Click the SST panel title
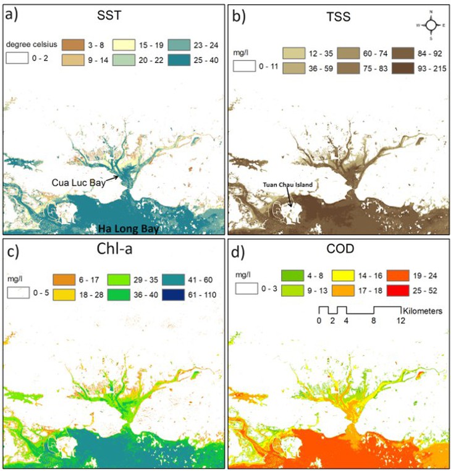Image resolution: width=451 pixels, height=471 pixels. (x=109, y=15)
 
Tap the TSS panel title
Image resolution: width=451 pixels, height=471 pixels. (x=339, y=17)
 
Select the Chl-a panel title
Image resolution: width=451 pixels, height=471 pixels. (x=114, y=248)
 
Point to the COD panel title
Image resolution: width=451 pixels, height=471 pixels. (x=340, y=248)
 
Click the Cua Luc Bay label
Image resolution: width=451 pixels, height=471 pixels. (x=78, y=182)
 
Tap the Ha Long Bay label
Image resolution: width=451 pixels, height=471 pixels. (x=129, y=229)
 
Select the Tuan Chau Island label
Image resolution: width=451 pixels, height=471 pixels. (x=288, y=184)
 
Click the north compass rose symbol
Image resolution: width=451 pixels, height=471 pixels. (x=431, y=25)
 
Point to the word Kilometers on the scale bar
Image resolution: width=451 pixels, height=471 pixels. (x=422, y=311)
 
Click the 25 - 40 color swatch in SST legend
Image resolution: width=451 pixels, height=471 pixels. (x=179, y=60)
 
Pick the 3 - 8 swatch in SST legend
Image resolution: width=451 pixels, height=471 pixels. (x=73, y=45)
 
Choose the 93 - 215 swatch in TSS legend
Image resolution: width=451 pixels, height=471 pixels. (x=403, y=68)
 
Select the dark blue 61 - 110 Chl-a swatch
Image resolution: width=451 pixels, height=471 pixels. (x=173, y=295)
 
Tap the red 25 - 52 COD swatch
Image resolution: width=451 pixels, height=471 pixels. (x=398, y=291)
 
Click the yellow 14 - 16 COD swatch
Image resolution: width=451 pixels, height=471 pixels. (x=343, y=276)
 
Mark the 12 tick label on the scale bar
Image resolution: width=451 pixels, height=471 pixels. (x=400, y=321)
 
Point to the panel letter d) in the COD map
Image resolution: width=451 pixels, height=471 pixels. (x=238, y=252)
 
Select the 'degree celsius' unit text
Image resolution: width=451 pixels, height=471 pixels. (x=32, y=45)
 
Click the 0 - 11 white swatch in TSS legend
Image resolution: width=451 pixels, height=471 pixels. (x=245, y=66)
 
